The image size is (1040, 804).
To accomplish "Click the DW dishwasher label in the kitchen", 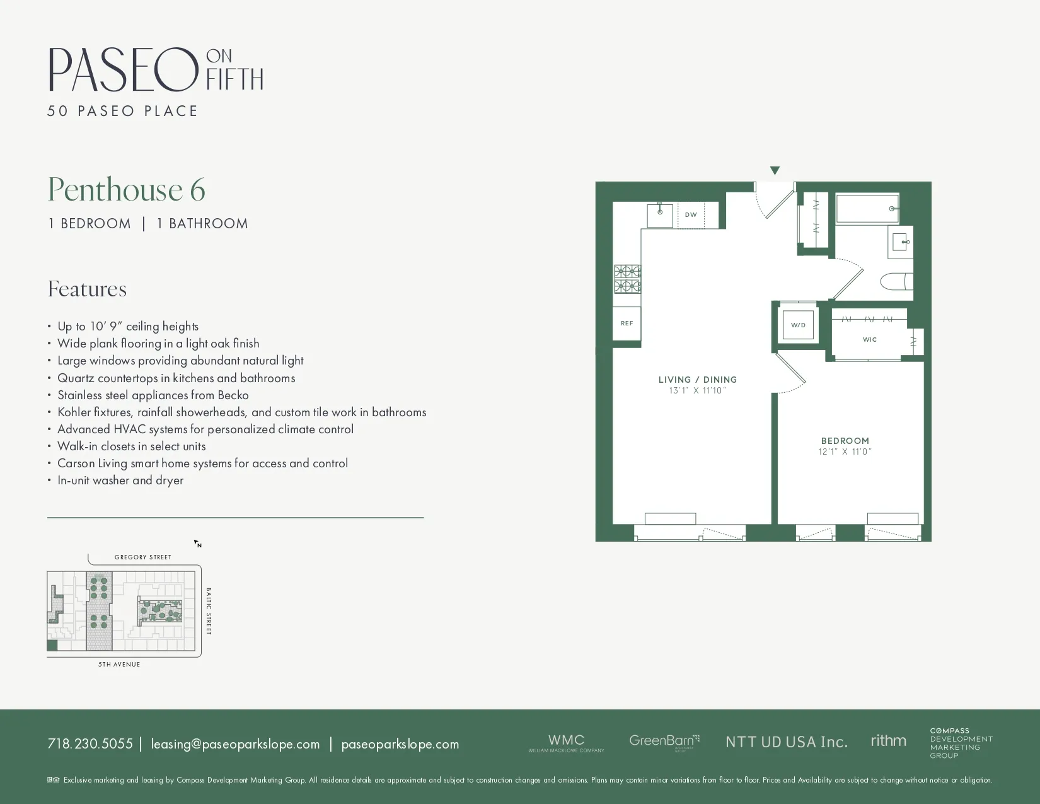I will pyautogui.click(x=691, y=215).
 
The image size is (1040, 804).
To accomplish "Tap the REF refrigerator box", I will pyautogui.click(x=627, y=323).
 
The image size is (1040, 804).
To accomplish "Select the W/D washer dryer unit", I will pyautogui.click(x=798, y=325).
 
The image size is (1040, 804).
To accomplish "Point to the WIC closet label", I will pyautogui.click(x=870, y=340).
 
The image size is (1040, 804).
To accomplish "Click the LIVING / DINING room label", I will pyautogui.click(x=698, y=380).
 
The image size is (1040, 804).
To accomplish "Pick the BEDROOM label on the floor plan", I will pyautogui.click(x=845, y=441).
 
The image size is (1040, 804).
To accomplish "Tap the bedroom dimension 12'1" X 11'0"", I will pyautogui.click(x=845, y=452).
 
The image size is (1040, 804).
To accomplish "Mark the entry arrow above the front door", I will pyautogui.click(x=775, y=170).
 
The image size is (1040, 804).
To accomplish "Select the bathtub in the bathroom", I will pyautogui.click(x=867, y=209).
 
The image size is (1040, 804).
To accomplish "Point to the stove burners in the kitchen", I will pyautogui.click(x=627, y=279).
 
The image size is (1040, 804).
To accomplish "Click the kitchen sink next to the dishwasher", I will pyautogui.click(x=660, y=215).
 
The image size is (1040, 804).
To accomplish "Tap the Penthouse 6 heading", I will pyautogui.click(x=127, y=190).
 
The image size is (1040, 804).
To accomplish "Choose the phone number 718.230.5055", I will pyautogui.click(x=90, y=744).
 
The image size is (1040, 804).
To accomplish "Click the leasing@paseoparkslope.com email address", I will pyautogui.click(x=235, y=744).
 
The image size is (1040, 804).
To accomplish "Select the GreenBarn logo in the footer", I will pyautogui.click(x=664, y=742).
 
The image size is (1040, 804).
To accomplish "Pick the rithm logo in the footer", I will pyautogui.click(x=888, y=741).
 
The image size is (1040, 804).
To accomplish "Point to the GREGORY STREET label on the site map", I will pyautogui.click(x=143, y=557).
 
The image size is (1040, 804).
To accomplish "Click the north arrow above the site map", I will pyautogui.click(x=197, y=544).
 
